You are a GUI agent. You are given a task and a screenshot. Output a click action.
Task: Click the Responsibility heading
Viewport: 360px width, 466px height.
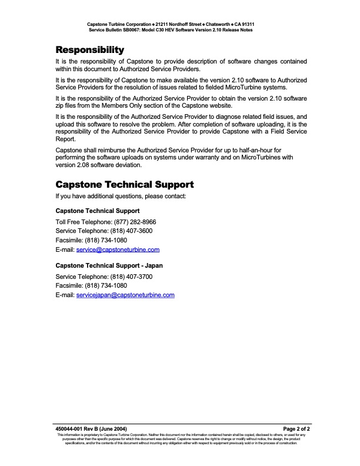[x=89, y=49]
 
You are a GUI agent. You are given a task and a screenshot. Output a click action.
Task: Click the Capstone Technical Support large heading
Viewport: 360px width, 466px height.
[x=124, y=184]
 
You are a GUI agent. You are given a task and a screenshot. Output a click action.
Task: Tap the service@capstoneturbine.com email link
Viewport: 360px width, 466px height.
[x=126, y=250]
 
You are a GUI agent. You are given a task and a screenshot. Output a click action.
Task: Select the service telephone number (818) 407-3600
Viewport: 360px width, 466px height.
[x=135, y=231]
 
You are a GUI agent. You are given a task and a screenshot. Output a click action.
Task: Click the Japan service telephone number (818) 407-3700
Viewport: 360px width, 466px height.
[x=135, y=276]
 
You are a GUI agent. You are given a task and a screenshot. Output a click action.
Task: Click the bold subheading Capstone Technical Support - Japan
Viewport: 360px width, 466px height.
[x=109, y=265]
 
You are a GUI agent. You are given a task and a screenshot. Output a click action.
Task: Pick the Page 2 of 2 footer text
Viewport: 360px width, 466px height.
[x=296, y=429]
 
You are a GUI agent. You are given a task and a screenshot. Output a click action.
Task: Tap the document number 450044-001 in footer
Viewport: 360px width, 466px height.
[x=70, y=429]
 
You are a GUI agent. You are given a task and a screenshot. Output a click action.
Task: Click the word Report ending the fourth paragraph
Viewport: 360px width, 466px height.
[x=65, y=139]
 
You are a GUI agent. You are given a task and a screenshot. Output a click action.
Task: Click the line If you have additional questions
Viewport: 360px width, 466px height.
[x=121, y=196]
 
